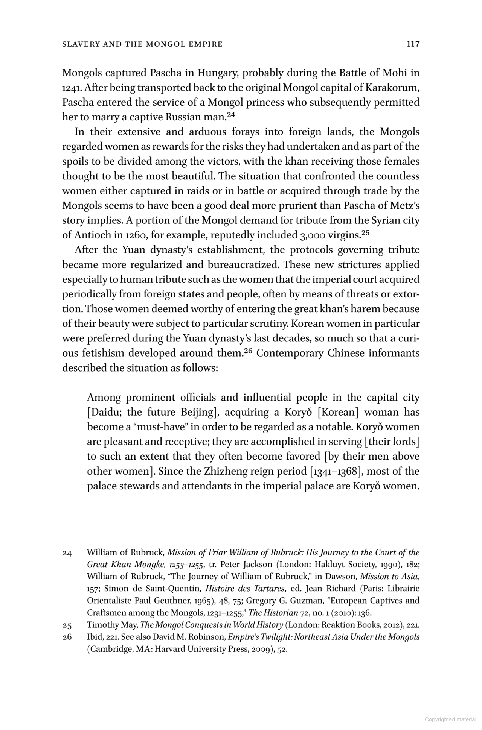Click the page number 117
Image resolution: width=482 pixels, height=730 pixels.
[x=413, y=44]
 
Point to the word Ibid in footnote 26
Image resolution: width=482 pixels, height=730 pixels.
[x=94, y=637]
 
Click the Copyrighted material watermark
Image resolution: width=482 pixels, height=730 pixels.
[x=450, y=719]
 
